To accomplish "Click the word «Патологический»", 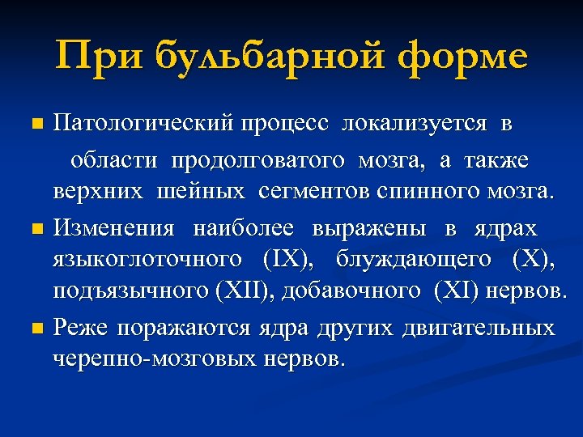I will [x=144, y=125].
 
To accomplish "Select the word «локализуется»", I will [x=415, y=125].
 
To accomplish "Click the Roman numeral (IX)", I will [x=286, y=259].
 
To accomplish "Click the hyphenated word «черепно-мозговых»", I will [x=155, y=359].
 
